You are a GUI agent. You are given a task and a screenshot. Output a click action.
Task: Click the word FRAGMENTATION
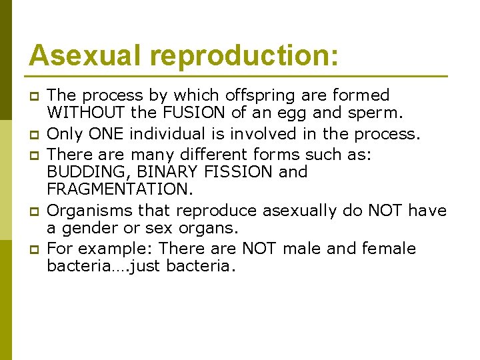tap(119, 191)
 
